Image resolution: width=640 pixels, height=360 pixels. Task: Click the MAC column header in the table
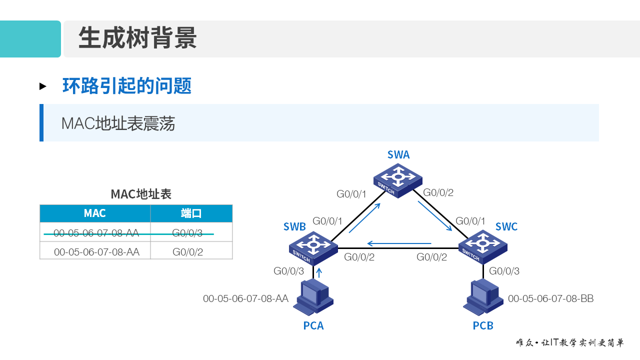[95, 213]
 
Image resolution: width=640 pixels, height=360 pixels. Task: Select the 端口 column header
[191, 213]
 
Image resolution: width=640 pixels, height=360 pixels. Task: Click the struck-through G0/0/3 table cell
[187, 232]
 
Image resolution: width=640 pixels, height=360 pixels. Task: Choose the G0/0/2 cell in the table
[187, 252]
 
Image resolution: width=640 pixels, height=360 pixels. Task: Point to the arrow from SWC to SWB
[399, 244]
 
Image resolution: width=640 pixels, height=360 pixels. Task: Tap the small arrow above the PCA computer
[319, 272]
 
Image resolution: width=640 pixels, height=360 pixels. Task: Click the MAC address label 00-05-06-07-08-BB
[550, 298]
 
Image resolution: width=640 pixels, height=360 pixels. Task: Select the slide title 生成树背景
[137, 38]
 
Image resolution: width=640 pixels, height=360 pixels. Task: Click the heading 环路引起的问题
[127, 86]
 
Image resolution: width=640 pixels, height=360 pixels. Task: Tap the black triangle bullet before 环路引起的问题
[43, 86]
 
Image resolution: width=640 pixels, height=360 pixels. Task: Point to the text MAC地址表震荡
[118, 123]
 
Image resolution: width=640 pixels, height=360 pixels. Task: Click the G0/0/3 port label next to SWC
[504, 271]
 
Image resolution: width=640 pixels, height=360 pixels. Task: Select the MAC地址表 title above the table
[141, 194]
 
